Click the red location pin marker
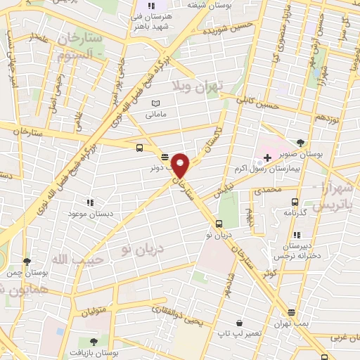181,165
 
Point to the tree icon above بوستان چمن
27,261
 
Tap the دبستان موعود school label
87,212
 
